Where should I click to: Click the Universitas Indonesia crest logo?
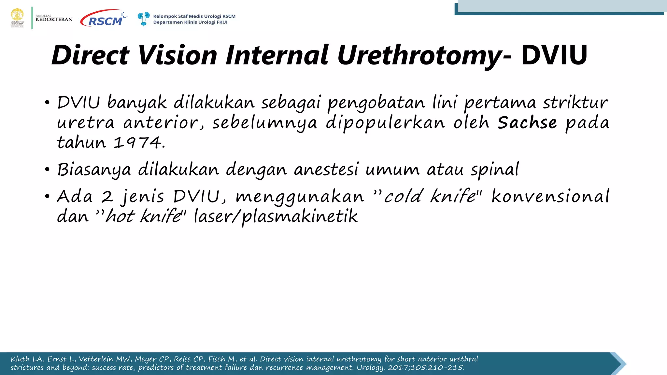coord(17,18)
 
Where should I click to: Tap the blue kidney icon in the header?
coord(143,19)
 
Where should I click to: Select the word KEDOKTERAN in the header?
coord(54,20)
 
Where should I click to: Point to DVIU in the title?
coord(554,55)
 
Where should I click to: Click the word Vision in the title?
coord(177,55)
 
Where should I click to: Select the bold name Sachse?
coord(527,123)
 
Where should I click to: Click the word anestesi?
coord(326,170)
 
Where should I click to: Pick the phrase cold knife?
coord(430,196)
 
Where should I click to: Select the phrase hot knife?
coord(143,216)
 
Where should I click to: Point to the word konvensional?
coord(550,196)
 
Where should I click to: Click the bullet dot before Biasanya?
coord(48,170)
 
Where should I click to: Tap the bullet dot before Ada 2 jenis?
coord(48,196)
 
